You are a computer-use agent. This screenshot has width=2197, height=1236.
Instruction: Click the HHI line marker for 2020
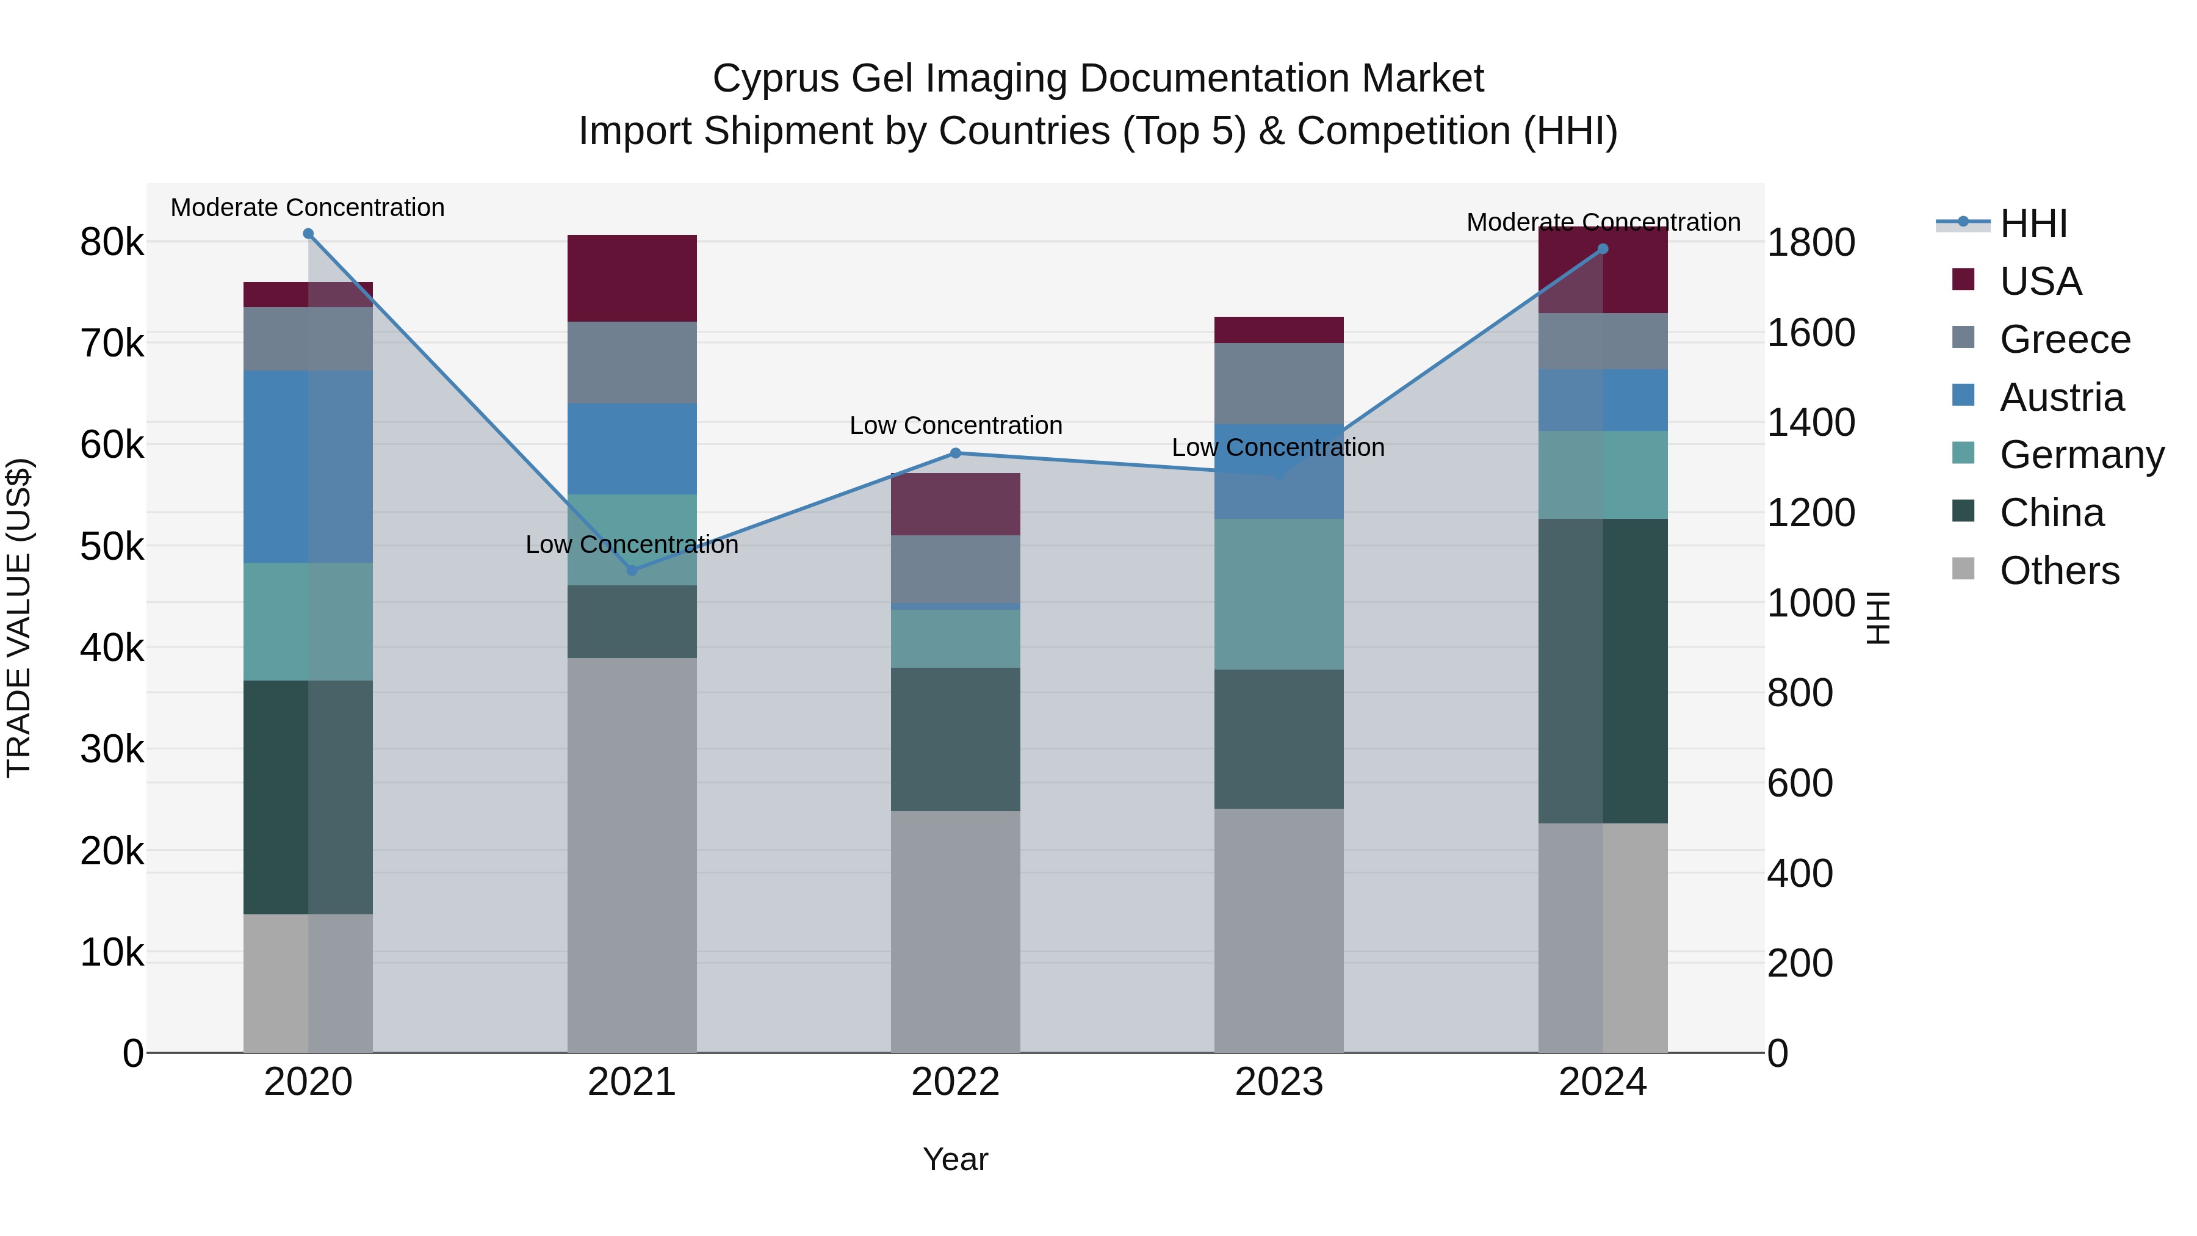[308, 234]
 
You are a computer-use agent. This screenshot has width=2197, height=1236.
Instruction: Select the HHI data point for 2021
[632, 570]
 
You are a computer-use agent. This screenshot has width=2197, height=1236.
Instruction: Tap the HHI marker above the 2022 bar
[955, 453]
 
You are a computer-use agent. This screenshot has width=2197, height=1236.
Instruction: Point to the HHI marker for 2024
[1603, 249]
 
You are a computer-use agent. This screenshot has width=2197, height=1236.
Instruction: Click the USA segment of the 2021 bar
[632, 278]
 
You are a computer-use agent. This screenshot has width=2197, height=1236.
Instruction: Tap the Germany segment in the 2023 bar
[1279, 594]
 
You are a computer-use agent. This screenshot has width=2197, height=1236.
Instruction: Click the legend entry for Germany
[2081, 455]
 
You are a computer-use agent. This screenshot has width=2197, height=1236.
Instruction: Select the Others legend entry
[2059, 571]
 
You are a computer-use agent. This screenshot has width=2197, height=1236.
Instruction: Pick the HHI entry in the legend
[2033, 223]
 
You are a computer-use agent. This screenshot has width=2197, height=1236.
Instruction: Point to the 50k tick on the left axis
[112, 547]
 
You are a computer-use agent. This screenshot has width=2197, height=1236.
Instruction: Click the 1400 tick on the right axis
[1810, 422]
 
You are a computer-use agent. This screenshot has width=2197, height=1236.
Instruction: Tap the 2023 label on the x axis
[1279, 1082]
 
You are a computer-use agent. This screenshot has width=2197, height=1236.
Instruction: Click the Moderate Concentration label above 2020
[308, 208]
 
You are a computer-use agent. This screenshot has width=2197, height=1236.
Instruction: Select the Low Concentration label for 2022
[955, 425]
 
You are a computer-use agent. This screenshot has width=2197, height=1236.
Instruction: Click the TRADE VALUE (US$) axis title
[19, 618]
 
